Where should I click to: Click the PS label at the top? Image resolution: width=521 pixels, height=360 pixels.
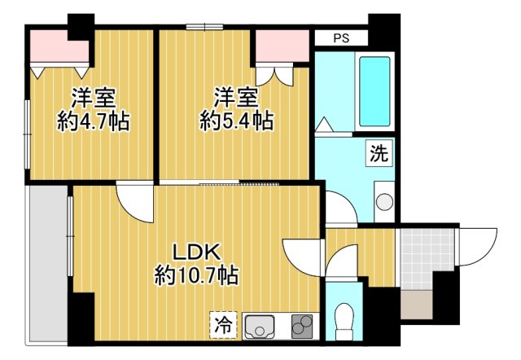pyautogui.click(x=341, y=38)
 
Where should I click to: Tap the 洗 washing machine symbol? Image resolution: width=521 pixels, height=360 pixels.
pyautogui.click(x=379, y=151)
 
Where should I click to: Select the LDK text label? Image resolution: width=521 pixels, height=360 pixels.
pyautogui.click(x=195, y=252)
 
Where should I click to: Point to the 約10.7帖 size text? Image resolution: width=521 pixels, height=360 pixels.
pyautogui.click(x=196, y=276)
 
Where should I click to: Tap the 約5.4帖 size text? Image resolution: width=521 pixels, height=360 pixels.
pyautogui.click(x=236, y=121)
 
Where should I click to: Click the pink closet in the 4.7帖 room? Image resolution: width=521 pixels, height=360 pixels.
pyautogui.click(x=57, y=49)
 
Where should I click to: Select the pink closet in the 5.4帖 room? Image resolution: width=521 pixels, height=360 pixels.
pyautogui.click(x=280, y=48)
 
